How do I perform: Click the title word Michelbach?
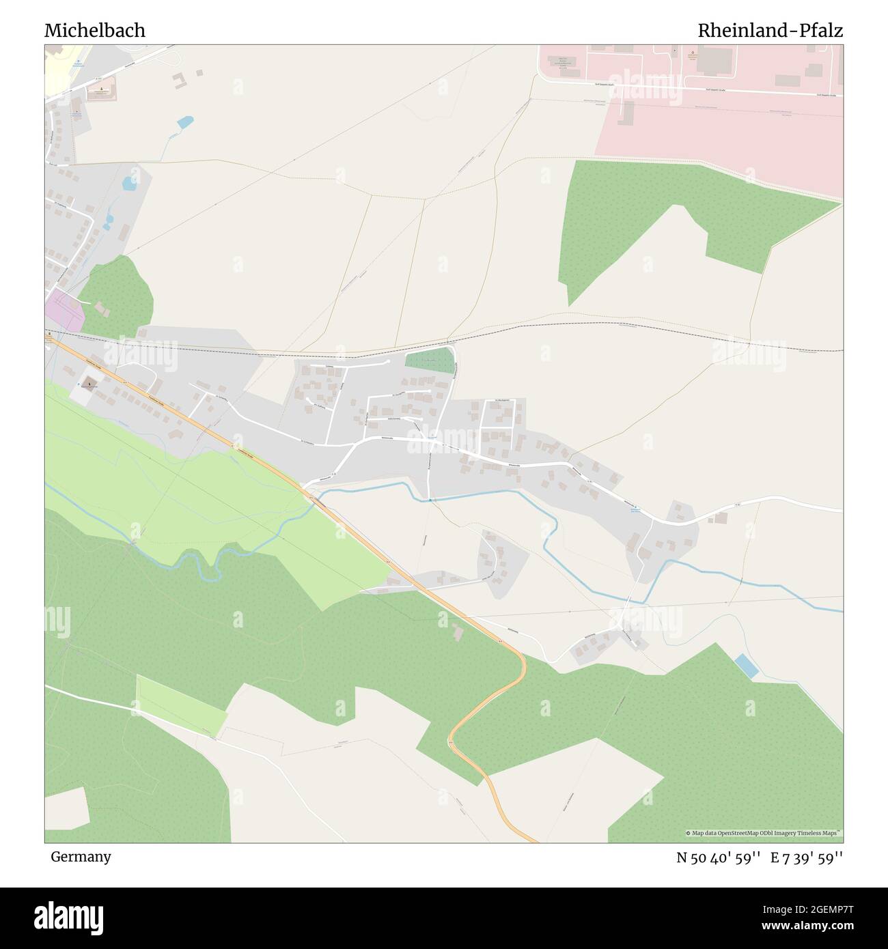[94, 31]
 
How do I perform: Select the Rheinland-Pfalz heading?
[770, 31]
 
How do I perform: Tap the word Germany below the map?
[81, 857]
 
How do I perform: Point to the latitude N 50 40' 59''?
[718, 858]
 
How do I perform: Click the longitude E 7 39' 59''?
[807, 858]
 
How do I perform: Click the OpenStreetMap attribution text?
[764, 834]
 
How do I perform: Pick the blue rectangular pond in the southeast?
[746, 666]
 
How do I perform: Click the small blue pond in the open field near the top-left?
[184, 122]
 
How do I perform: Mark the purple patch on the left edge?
[64, 311]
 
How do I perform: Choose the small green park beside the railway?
[430, 360]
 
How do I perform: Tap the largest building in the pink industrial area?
[714, 61]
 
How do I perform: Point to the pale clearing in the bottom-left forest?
[66, 808]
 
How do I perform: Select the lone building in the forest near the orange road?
[457, 632]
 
